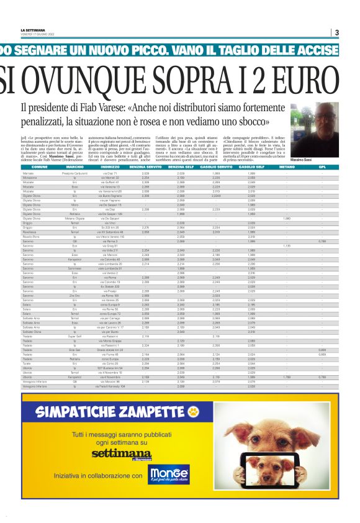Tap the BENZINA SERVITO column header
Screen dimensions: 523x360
(145, 168)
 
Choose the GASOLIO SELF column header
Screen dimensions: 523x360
(251, 168)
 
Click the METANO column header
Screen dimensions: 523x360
(287, 168)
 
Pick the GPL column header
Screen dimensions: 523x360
(322, 168)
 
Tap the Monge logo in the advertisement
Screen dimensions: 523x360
(169, 474)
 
